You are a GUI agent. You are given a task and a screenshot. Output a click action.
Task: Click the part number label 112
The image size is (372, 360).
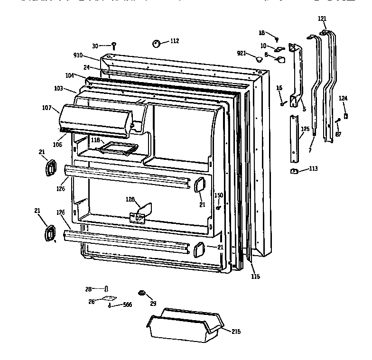[174, 41]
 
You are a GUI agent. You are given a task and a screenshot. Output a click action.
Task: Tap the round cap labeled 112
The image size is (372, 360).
[156, 44]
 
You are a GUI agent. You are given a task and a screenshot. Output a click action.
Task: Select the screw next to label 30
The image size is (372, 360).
[114, 46]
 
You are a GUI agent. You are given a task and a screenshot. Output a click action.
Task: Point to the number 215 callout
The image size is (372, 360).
[235, 331]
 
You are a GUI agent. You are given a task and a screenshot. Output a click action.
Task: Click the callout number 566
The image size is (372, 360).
[127, 305]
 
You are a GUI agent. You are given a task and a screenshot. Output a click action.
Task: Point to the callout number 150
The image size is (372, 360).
[218, 195]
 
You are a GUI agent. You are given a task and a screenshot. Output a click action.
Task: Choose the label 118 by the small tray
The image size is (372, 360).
[96, 140]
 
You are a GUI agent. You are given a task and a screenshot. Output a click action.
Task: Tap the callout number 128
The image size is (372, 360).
[130, 199]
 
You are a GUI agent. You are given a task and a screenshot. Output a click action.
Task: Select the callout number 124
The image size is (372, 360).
[343, 98]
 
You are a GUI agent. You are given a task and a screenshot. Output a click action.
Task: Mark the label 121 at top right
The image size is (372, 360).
[322, 18]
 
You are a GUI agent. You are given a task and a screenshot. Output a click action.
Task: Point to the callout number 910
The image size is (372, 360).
[78, 55]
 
